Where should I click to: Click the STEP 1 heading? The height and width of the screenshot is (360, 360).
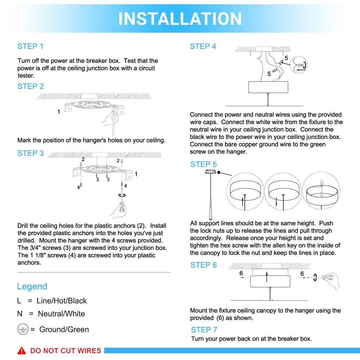point(31,46)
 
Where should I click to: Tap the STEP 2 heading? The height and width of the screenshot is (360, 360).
point(31,86)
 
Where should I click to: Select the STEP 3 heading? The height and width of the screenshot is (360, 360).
point(31,153)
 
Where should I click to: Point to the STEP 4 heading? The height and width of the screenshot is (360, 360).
point(203,46)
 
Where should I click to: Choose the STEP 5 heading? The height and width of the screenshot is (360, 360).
point(204,165)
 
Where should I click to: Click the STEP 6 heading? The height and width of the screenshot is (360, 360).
point(204,265)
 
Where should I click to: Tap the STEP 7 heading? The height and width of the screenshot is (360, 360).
point(204,330)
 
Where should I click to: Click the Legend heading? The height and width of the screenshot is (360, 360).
point(32,287)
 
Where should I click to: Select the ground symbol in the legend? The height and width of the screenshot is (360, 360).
point(23,329)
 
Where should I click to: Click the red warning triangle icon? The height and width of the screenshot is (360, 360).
point(22,351)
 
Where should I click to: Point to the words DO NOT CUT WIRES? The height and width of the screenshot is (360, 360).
point(66,351)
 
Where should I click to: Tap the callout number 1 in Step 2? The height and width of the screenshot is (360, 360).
point(59,112)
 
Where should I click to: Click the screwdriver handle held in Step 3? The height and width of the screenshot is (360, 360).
point(121,209)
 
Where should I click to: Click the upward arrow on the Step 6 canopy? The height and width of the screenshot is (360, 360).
point(266,277)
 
